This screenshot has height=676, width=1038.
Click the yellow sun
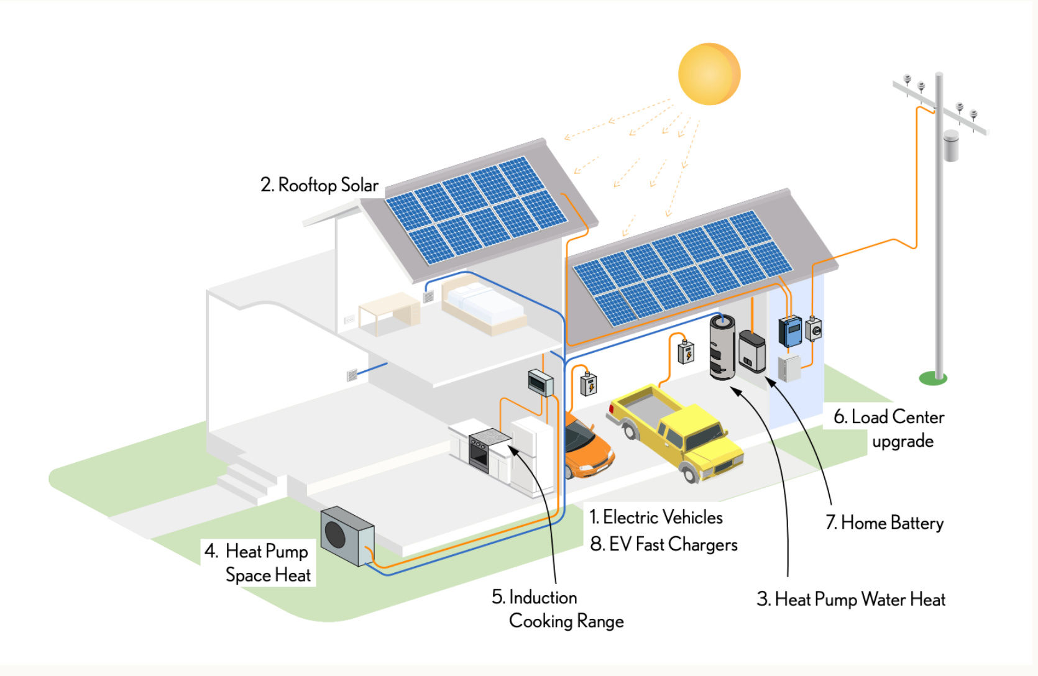(x=709, y=74)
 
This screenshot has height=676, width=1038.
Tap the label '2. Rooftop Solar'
(x=319, y=185)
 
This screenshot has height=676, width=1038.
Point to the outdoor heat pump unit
(x=347, y=536)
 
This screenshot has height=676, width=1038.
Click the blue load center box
(x=791, y=331)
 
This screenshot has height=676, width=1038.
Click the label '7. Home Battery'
(x=884, y=523)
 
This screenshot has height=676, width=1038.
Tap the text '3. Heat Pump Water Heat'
(x=850, y=600)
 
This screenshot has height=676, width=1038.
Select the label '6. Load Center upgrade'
(x=889, y=429)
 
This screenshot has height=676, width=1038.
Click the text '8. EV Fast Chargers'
(x=664, y=545)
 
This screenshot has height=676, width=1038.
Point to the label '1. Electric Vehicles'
(x=656, y=518)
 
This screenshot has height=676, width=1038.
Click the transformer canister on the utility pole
(x=950, y=146)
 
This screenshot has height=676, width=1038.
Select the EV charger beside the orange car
(x=588, y=384)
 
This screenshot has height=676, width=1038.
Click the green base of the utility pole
(x=932, y=378)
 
